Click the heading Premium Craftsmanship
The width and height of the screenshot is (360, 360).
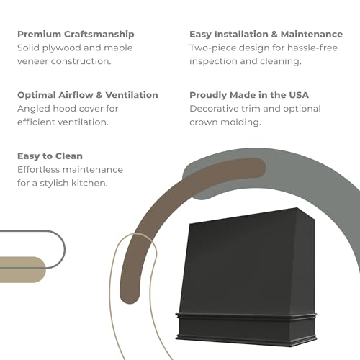click(x=76, y=35)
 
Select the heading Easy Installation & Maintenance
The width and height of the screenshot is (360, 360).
click(x=266, y=35)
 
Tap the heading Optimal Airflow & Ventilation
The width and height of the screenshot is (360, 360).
click(x=88, y=95)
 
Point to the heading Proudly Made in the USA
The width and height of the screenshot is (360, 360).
click(x=249, y=95)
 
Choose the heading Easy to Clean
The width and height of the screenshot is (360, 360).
click(x=50, y=156)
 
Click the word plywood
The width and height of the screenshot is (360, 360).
click(x=62, y=48)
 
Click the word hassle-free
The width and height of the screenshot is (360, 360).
click(x=312, y=48)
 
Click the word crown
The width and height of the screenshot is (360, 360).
click(x=203, y=122)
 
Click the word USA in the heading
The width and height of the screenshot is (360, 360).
click(x=299, y=95)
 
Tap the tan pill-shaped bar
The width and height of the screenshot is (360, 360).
click(x=22, y=269)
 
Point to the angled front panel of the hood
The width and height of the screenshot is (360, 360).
click(x=243, y=265)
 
